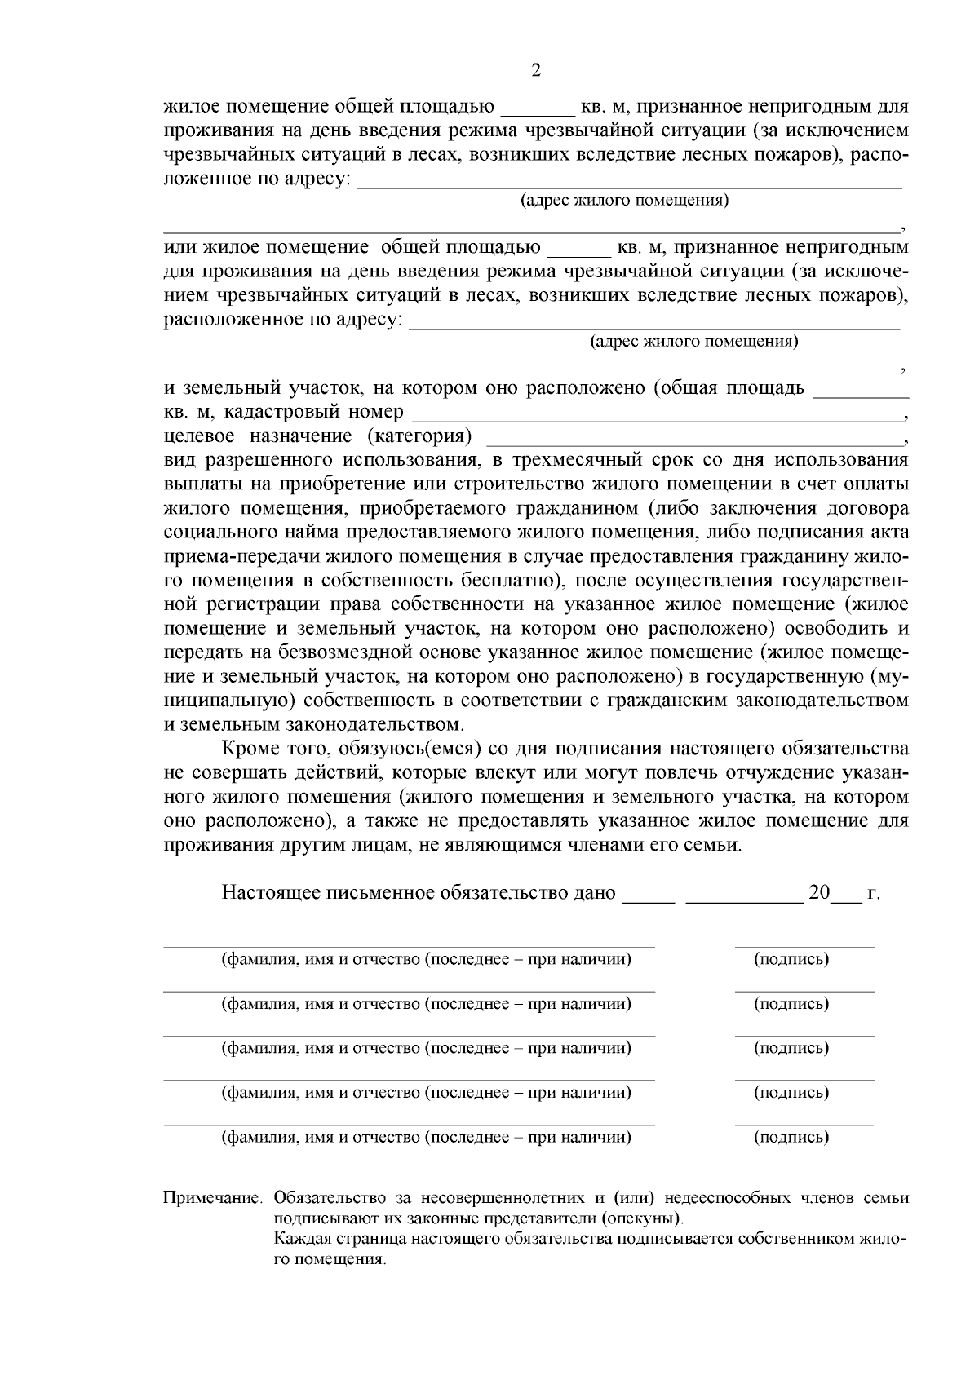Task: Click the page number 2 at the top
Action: (535, 70)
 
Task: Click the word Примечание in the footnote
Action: (211, 1199)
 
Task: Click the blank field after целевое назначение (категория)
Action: (693, 438)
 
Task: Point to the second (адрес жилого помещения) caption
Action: (693, 342)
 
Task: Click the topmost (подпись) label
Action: (791, 959)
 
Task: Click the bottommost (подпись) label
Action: (791, 1137)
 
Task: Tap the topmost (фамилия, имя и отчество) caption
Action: (427, 959)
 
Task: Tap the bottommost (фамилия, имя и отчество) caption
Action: (427, 1137)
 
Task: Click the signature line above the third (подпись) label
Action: (804, 1035)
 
